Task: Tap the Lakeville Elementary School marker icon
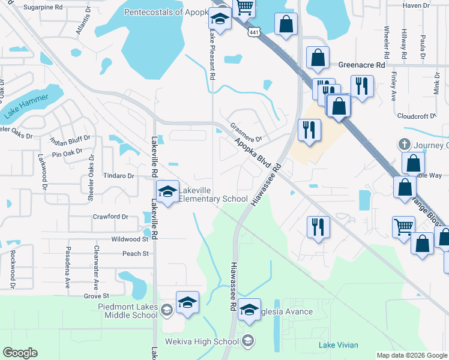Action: tap(167, 192)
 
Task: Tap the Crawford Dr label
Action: tap(110, 217)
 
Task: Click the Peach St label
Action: tap(135, 254)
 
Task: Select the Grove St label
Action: tap(97, 296)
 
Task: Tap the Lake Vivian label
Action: tap(339, 345)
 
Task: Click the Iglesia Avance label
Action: tap(286, 311)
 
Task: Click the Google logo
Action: tap(20, 353)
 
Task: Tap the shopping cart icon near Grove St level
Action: tap(403, 227)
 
